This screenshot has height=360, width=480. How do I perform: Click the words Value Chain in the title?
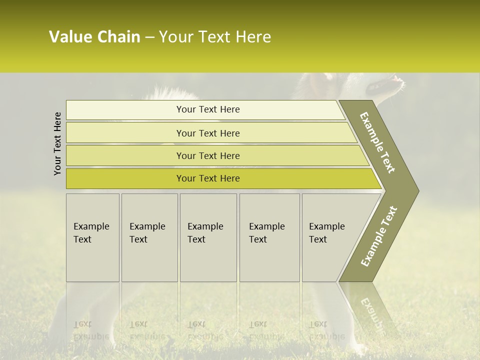click(94, 37)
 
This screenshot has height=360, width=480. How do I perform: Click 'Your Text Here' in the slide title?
click(215, 37)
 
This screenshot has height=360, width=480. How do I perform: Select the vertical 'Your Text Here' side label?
click(57, 143)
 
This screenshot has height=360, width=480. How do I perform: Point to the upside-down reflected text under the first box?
click(91, 330)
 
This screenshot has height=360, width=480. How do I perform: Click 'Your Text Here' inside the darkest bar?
click(208, 178)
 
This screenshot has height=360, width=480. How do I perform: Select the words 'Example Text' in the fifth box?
click(326, 232)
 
